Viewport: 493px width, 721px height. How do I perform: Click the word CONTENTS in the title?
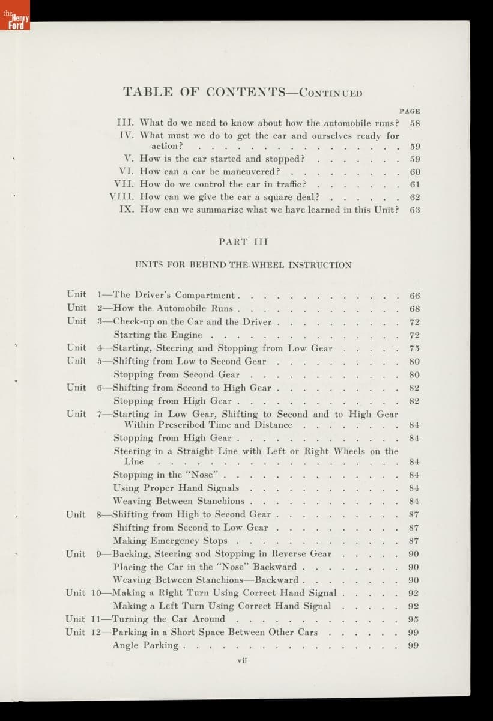[x=246, y=92]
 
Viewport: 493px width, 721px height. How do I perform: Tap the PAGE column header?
[x=410, y=111]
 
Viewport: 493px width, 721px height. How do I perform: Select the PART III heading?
[x=243, y=242]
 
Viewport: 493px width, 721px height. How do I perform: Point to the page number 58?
[x=414, y=123]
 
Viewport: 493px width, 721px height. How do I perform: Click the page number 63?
[x=414, y=210]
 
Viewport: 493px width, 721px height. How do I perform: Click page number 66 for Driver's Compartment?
[x=414, y=296]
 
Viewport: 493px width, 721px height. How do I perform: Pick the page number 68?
[x=414, y=309]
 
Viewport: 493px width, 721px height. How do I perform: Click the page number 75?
[x=414, y=348]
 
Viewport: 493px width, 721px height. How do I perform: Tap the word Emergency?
[x=175, y=541]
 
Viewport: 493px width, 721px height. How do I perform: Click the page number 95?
[x=413, y=619]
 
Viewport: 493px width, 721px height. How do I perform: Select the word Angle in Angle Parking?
[x=126, y=646]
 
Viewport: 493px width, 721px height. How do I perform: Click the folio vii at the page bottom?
[x=243, y=660]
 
